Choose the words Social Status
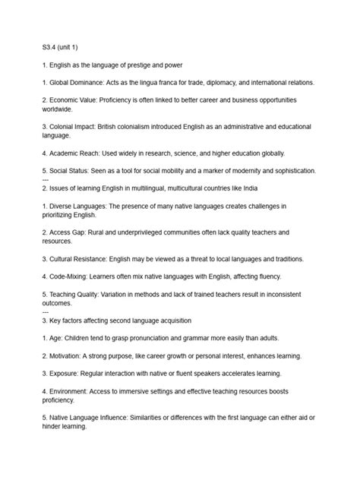pos(74,171)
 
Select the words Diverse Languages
pos(84,206)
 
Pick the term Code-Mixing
pos(73,276)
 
